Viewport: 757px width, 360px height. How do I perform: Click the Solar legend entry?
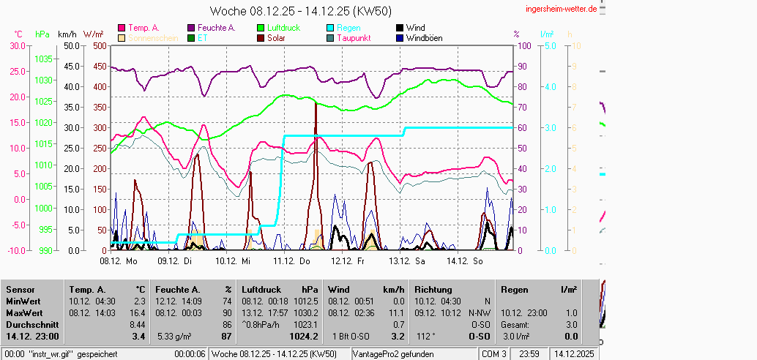pos(276,38)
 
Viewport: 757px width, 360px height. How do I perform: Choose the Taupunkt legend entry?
pos(353,38)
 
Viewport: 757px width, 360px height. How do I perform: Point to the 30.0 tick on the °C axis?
pos(16,45)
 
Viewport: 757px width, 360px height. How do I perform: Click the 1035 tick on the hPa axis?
pos(43,59)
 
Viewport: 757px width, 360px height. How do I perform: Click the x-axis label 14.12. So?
pos(466,260)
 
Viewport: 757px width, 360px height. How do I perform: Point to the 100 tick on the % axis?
pos(524,45)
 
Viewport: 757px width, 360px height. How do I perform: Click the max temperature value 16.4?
pos(138,312)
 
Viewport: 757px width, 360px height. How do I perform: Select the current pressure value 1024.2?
pos(304,337)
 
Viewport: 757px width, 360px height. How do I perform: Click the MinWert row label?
pos(23,301)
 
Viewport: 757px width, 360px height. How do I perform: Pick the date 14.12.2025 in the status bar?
pos(574,354)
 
